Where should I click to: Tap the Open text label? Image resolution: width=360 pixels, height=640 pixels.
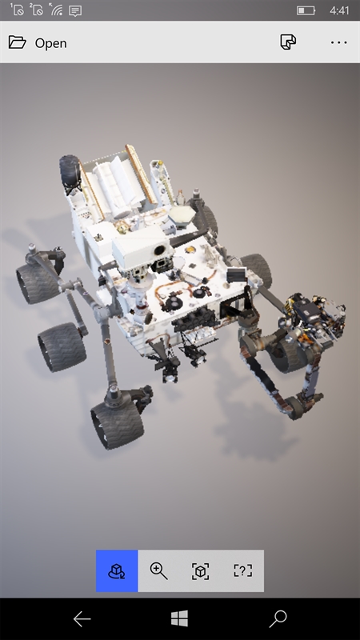(x=50, y=43)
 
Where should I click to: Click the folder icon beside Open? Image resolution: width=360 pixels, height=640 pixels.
(x=17, y=42)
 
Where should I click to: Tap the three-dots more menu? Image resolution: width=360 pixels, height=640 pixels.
(x=338, y=42)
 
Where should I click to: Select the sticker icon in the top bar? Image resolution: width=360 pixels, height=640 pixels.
(x=288, y=42)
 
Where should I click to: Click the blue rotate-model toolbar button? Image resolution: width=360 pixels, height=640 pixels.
(x=117, y=570)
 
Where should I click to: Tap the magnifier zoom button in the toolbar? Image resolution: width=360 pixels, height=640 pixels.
(x=158, y=570)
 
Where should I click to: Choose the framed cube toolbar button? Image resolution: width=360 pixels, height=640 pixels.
(x=201, y=570)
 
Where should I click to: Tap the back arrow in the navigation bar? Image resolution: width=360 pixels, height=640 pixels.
(x=82, y=619)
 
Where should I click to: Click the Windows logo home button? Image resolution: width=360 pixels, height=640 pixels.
(x=179, y=618)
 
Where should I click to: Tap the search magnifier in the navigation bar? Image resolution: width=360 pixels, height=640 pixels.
(x=278, y=618)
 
